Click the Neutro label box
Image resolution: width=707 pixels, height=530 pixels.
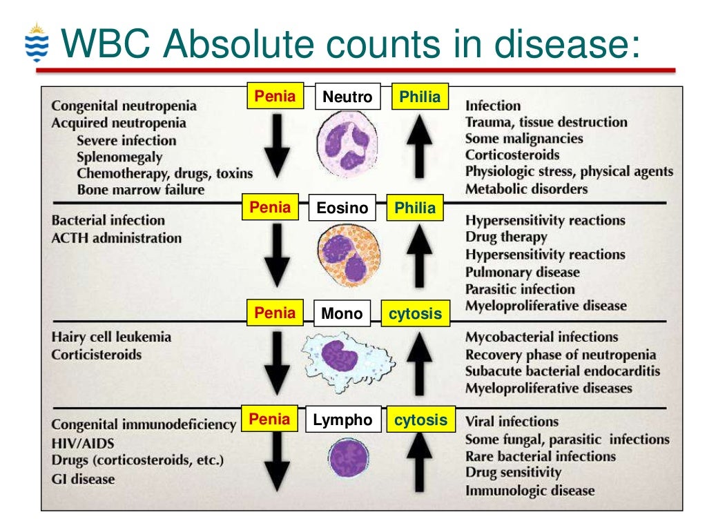point(347,97)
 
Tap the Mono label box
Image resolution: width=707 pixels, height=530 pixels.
point(341,314)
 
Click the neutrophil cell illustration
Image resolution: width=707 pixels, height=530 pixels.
point(347,143)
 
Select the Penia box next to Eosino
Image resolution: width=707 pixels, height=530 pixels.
point(270,207)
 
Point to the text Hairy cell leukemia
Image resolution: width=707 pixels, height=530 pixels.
point(111,337)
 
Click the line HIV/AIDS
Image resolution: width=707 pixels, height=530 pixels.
point(83,443)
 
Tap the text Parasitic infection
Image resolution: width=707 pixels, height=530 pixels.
point(519,289)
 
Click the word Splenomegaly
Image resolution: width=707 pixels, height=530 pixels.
point(119,157)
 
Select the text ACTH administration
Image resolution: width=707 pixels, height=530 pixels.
point(117,238)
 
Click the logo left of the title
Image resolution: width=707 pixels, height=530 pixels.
point(37,43)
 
